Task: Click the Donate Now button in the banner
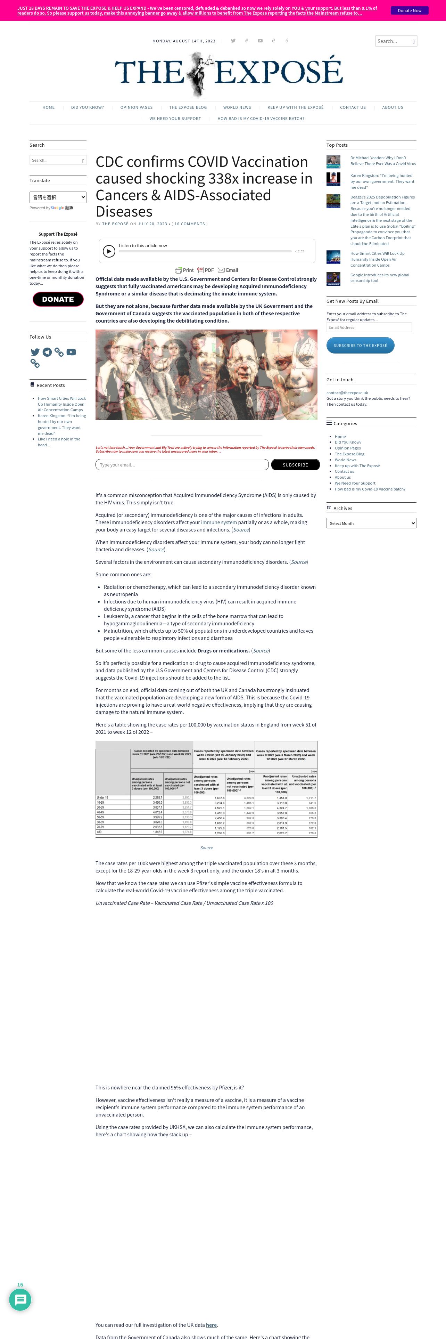pos(409,10)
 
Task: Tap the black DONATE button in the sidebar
pos(58,299)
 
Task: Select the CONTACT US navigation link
pos(353,108)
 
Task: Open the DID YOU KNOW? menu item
pos(87,108)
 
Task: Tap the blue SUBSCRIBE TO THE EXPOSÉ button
pos(360,346)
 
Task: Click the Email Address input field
pos(369,327)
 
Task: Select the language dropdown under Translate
pos(58,197)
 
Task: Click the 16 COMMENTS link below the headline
pos(191,224)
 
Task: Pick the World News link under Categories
pos(345,460)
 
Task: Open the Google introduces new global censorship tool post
pos(380,278)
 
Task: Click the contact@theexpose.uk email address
pos(347,392)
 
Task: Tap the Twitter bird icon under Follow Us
pos(35,352)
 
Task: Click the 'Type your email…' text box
pos(182,465)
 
